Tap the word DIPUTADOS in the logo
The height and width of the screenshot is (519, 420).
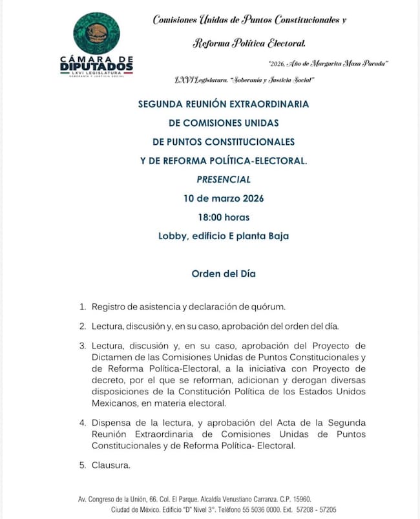(97, 67)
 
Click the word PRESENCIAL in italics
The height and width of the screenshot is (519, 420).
(224, 179)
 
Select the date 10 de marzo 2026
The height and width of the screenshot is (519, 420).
(224, 198)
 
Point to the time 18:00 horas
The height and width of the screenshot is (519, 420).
(224, 217)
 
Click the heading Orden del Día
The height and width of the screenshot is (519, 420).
(224, 273)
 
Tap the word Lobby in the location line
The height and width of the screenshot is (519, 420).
(174, 235)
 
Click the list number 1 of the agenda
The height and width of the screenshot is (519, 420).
(82, 306)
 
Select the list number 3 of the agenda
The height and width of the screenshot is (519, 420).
(82, 345)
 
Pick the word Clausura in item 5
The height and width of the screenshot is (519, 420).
(111, 464)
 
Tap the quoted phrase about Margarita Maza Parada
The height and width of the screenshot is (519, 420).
(328, 63)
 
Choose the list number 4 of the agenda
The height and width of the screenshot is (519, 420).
(82, 423)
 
